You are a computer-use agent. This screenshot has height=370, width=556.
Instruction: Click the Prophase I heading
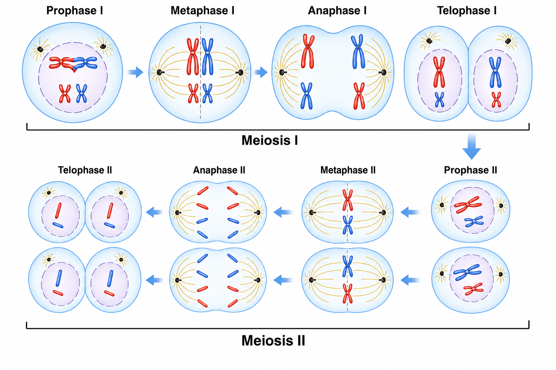tap(75, 11)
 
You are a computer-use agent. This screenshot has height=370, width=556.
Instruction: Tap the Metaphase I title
tap(202, 11)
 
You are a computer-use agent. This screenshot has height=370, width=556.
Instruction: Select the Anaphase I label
tap(337, 11)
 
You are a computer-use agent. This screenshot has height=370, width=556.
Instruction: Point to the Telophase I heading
tap(467, 11)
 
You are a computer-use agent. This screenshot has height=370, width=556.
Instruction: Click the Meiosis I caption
tap(270, 140)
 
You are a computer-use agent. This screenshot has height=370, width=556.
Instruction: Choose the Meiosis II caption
tap(273, 341)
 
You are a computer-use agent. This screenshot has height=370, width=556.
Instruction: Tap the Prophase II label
tap(471, 170)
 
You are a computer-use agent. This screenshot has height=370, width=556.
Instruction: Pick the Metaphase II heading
tap(348, 170)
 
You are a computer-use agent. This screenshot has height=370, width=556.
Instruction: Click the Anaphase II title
tap(219, 170)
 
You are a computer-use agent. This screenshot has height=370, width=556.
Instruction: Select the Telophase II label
tap(85, 170)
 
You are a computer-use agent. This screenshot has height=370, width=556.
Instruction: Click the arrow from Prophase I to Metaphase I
tap(135, 72)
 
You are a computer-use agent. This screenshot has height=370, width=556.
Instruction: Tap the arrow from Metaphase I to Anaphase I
tap(260, 72)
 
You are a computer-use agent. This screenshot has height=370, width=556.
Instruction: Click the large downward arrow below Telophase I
tap(471, 147)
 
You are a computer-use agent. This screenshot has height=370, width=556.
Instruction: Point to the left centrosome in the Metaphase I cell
tap(159, 72)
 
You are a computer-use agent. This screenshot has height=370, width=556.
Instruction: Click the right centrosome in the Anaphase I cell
tap(384, 72)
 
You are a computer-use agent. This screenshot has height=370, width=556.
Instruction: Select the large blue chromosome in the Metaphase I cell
tap(207, 56)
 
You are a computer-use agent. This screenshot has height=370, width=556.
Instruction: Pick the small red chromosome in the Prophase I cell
tap(65, 94)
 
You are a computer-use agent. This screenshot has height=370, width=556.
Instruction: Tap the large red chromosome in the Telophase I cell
tap(439, 72)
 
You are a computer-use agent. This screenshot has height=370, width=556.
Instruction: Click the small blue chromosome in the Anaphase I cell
tap(307, 96)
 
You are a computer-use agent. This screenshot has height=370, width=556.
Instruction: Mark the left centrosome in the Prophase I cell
tap(40, 49)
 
